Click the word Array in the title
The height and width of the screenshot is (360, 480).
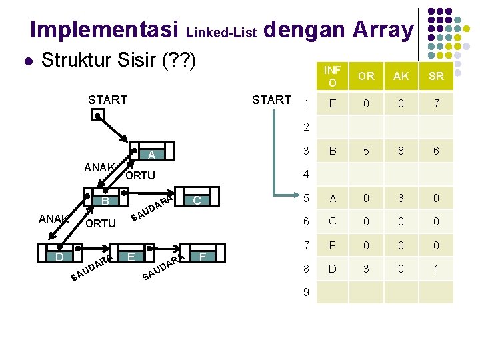(x=383, y=29)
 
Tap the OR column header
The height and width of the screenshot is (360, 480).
(x=366, y=76)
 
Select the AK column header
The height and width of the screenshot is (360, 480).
(x=401, y=76)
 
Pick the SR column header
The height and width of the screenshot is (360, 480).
(x=436, y=76)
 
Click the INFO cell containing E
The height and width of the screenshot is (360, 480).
(x=331, y=104)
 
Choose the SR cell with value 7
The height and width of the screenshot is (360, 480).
(x=436, y=104)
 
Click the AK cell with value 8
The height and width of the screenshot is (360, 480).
(x=401, y=151)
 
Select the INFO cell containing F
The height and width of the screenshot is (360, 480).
(x=331, y=246)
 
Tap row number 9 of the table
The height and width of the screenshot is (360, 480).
(x=306, y=291)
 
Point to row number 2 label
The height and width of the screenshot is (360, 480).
(x=306, y=126)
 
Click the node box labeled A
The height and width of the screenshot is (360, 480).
(x=152, y=155)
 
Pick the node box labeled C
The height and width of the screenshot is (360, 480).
(x=197, y=201)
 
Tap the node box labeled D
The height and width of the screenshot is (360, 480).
(x=60, y=257)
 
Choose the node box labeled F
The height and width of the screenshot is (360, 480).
(x=203, y=257)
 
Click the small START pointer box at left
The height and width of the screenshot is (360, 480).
(x=97, y=115)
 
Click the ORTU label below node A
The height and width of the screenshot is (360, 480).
(x=140, y=176)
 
